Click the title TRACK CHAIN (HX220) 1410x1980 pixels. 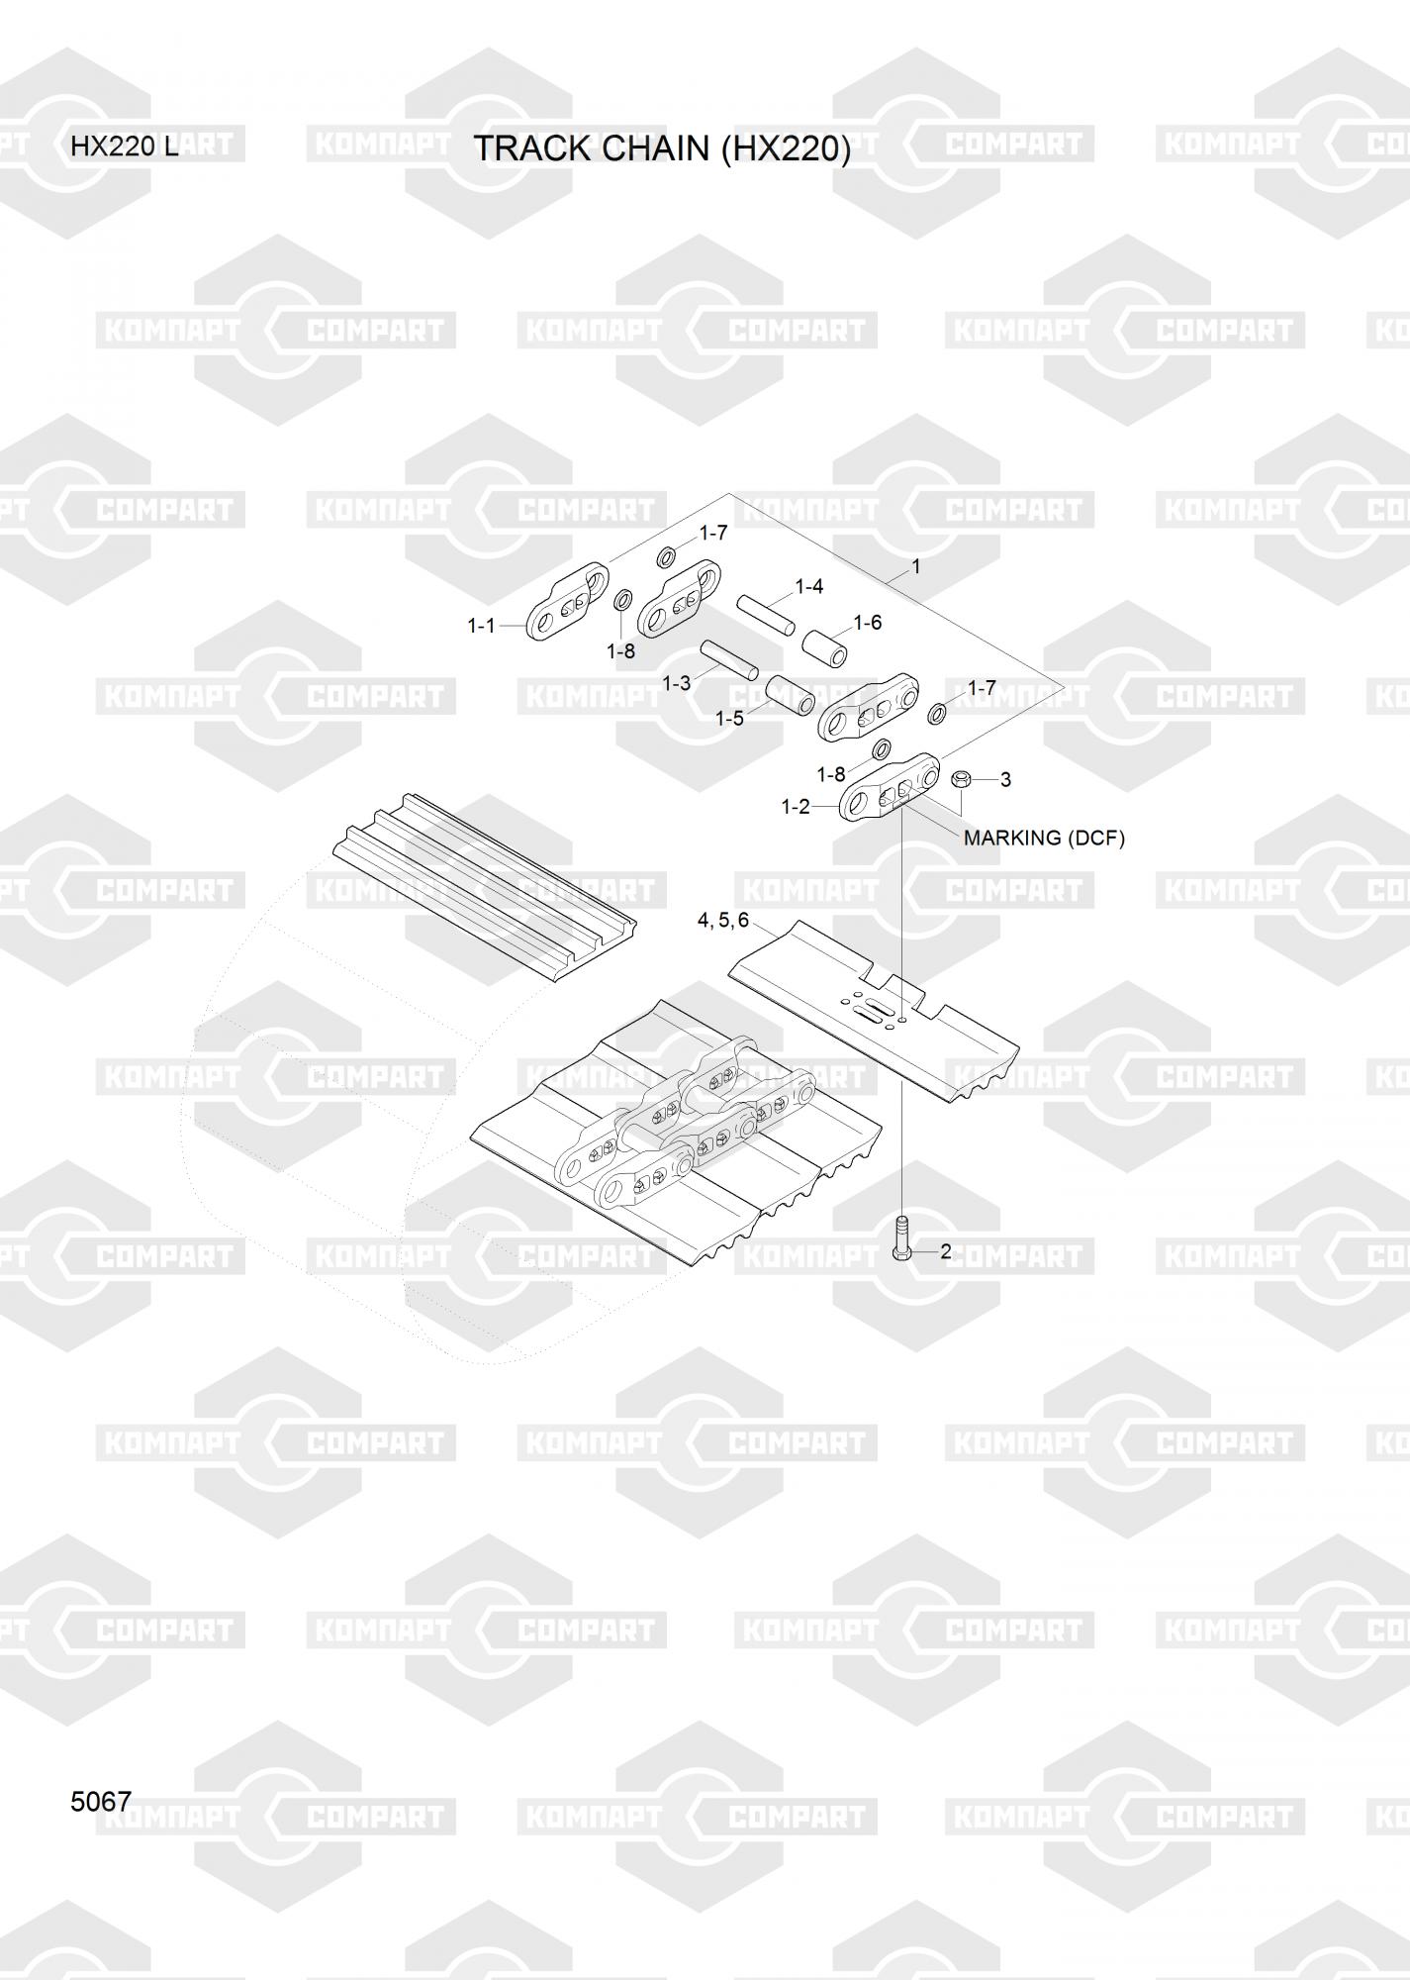662,148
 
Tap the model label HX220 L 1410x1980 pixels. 125,148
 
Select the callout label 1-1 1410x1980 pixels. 481,626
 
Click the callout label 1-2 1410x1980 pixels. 796,807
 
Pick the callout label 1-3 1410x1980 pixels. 677,683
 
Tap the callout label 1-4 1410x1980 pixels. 809,586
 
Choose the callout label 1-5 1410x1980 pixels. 729,718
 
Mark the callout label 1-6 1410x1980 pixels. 868,623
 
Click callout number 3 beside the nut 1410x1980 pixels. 1005,779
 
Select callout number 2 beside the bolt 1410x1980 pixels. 946,1251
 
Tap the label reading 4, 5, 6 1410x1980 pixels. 723,921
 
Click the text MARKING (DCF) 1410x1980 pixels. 1044,838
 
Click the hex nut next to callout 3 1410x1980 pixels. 959,779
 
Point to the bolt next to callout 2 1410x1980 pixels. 901,1238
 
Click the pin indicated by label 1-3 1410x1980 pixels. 729,660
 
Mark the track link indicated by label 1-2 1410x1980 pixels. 890,788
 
